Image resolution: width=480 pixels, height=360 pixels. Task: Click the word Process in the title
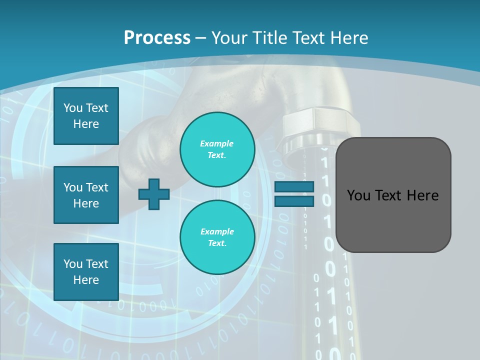coord(157,38)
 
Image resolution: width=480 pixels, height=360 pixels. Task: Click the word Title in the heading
coord(268,38)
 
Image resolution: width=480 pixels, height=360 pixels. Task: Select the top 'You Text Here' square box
coord(86,116)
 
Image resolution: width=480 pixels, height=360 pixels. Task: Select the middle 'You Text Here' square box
coord(86,195)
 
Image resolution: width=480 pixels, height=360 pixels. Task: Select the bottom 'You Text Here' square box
coord(86,272)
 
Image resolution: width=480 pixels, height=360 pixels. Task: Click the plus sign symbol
coord(154,194)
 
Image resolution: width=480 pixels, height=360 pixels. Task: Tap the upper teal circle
coord(217,149)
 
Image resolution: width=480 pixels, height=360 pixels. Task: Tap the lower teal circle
coord(217,237)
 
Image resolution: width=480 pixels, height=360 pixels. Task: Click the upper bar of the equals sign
coord(294,187)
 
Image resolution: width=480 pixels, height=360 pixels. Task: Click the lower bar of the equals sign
coord(294,201)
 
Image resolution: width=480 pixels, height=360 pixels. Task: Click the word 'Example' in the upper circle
coord(216,143)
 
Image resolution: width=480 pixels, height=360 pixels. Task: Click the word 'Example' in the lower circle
coord(217,231)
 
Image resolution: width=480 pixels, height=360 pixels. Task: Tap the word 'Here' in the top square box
coord(86,124)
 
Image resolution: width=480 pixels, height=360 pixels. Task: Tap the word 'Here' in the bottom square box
coord(86,280)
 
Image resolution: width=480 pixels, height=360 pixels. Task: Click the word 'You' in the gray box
coord(358,195)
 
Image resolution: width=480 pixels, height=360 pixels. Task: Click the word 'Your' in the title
coord(228,38)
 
